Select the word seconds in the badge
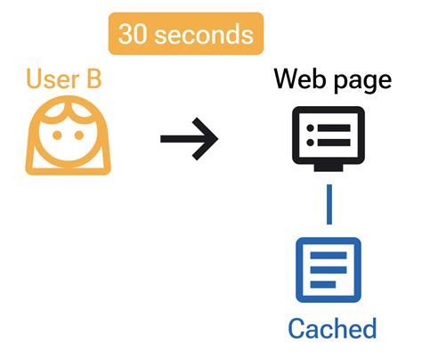point(205,35)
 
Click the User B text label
point(63,79)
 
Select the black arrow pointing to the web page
point(189,139)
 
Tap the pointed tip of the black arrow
point(216,139)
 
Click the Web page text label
point(332,79)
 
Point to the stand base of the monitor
point(329,168)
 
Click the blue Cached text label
point(331,327)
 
